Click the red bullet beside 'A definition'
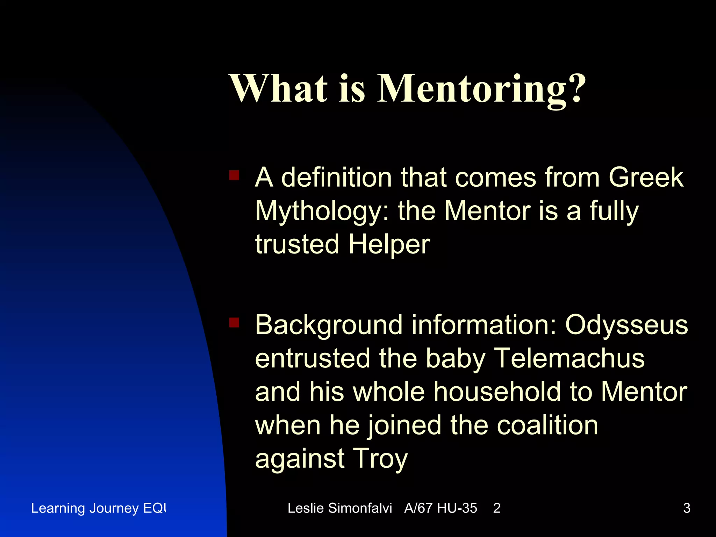click(234, 175)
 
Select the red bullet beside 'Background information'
click(234, 322)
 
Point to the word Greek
click(646, 177)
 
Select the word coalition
click(547, 425)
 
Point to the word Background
click(329, 325)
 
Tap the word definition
click(336, 177)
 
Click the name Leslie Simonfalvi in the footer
click(339, 508)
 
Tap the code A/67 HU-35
click(441, 508)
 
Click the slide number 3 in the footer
click(687, 508)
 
